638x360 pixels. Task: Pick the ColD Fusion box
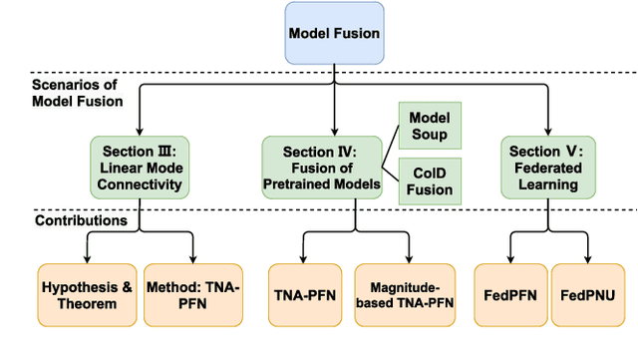432,181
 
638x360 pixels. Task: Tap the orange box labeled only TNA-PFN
303,295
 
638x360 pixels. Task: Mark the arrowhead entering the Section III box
139,132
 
